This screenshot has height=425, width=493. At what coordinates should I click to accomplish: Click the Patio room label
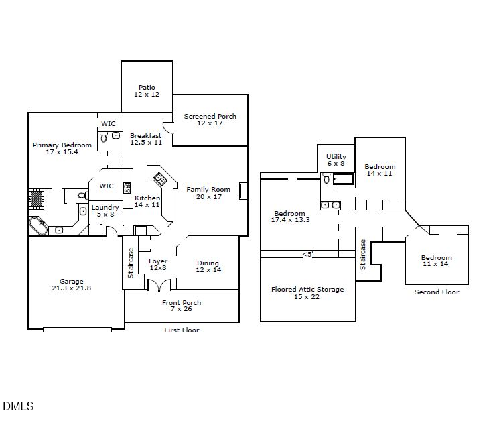pos(147,91)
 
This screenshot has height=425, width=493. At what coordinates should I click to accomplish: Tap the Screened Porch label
pos(210,119)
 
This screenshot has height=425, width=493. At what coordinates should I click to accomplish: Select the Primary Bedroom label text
pos(62,149)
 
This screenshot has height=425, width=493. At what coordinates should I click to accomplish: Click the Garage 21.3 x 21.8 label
pos(72,285)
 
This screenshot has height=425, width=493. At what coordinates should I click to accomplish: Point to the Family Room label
pos(208,193)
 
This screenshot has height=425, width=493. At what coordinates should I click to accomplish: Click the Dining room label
pos(208,266)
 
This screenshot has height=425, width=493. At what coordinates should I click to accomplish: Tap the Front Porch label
pos(182,306)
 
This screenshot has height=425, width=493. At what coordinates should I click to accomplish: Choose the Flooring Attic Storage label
pos(307,293)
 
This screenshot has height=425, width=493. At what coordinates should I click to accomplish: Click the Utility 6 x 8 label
pos(336,160)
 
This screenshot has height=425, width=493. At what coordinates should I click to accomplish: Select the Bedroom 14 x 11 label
pos(380,170)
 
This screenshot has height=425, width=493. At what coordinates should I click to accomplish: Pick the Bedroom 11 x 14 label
pos(436,261)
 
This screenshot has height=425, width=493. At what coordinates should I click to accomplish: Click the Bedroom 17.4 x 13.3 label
pos(290,217)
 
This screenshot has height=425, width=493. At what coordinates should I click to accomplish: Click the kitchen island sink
pos(161,178)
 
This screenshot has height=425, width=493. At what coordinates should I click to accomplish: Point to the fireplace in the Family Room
pos(243,190)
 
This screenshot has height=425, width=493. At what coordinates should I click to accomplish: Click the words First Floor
pos(182,330)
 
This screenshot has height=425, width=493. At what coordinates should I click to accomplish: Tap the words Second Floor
pos(437,292)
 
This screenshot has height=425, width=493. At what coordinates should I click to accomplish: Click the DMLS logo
pos(18,406)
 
